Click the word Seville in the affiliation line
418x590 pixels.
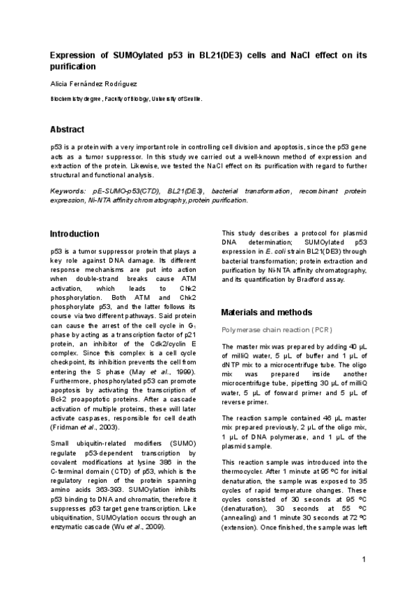point(190,99)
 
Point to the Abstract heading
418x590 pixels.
point(67,130)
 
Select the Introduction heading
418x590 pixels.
point(75,234)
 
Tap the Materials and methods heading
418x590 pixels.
point(266,312)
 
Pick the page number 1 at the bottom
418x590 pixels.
point(364,560)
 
